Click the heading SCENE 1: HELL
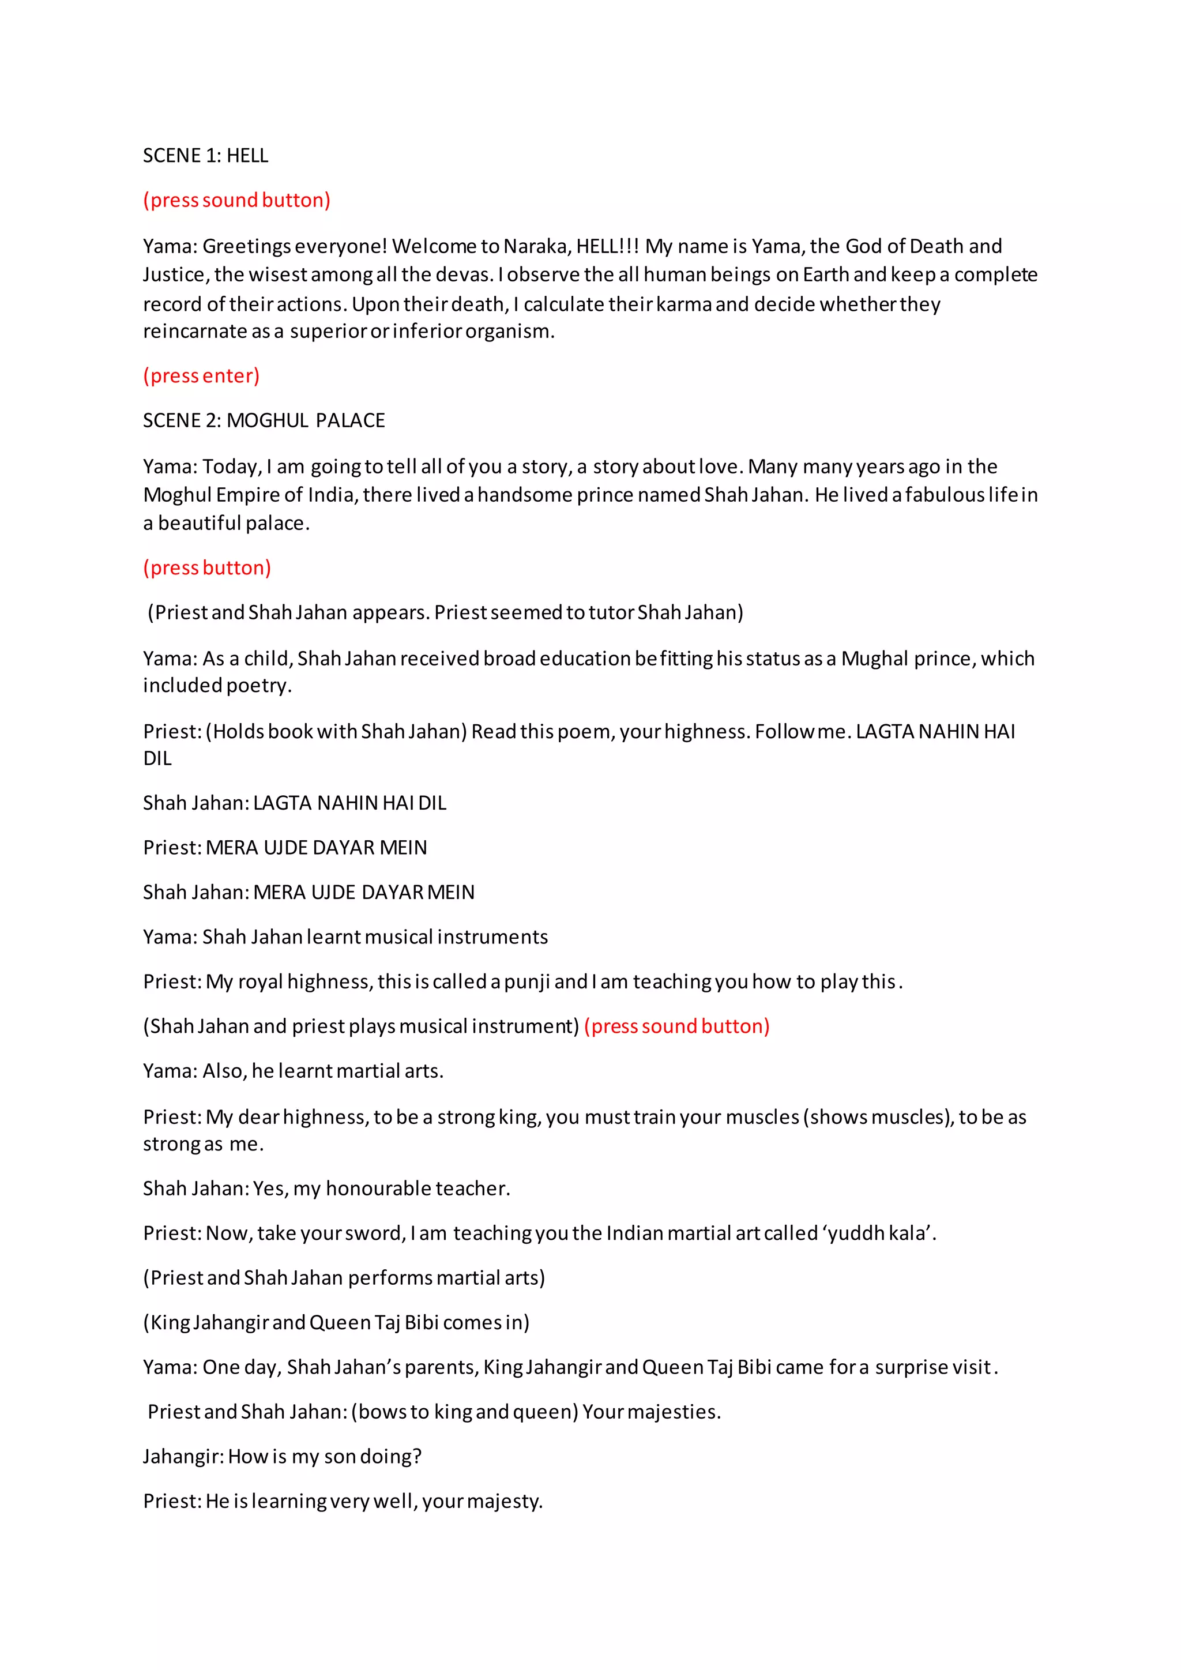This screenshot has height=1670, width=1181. pyautogui.click(x=205, y=156)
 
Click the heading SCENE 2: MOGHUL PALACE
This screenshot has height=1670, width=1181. pyautogui.click(x=264, y=420)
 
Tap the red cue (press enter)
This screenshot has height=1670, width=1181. pyautogui.click(x=201, y=376)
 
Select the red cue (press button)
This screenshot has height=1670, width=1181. pyautogui.click(x=206, y=567)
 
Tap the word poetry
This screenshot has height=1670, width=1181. pyautogui.click(x=258, y=686)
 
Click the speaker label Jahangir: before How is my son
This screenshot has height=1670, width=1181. pyautogui.click(x=183, y=1457)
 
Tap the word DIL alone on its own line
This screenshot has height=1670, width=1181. pyautogui.click(x=157, y=759)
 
